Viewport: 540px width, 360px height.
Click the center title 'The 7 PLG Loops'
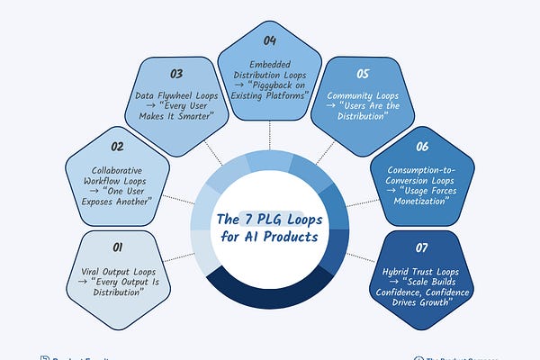(x=269, y=218)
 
